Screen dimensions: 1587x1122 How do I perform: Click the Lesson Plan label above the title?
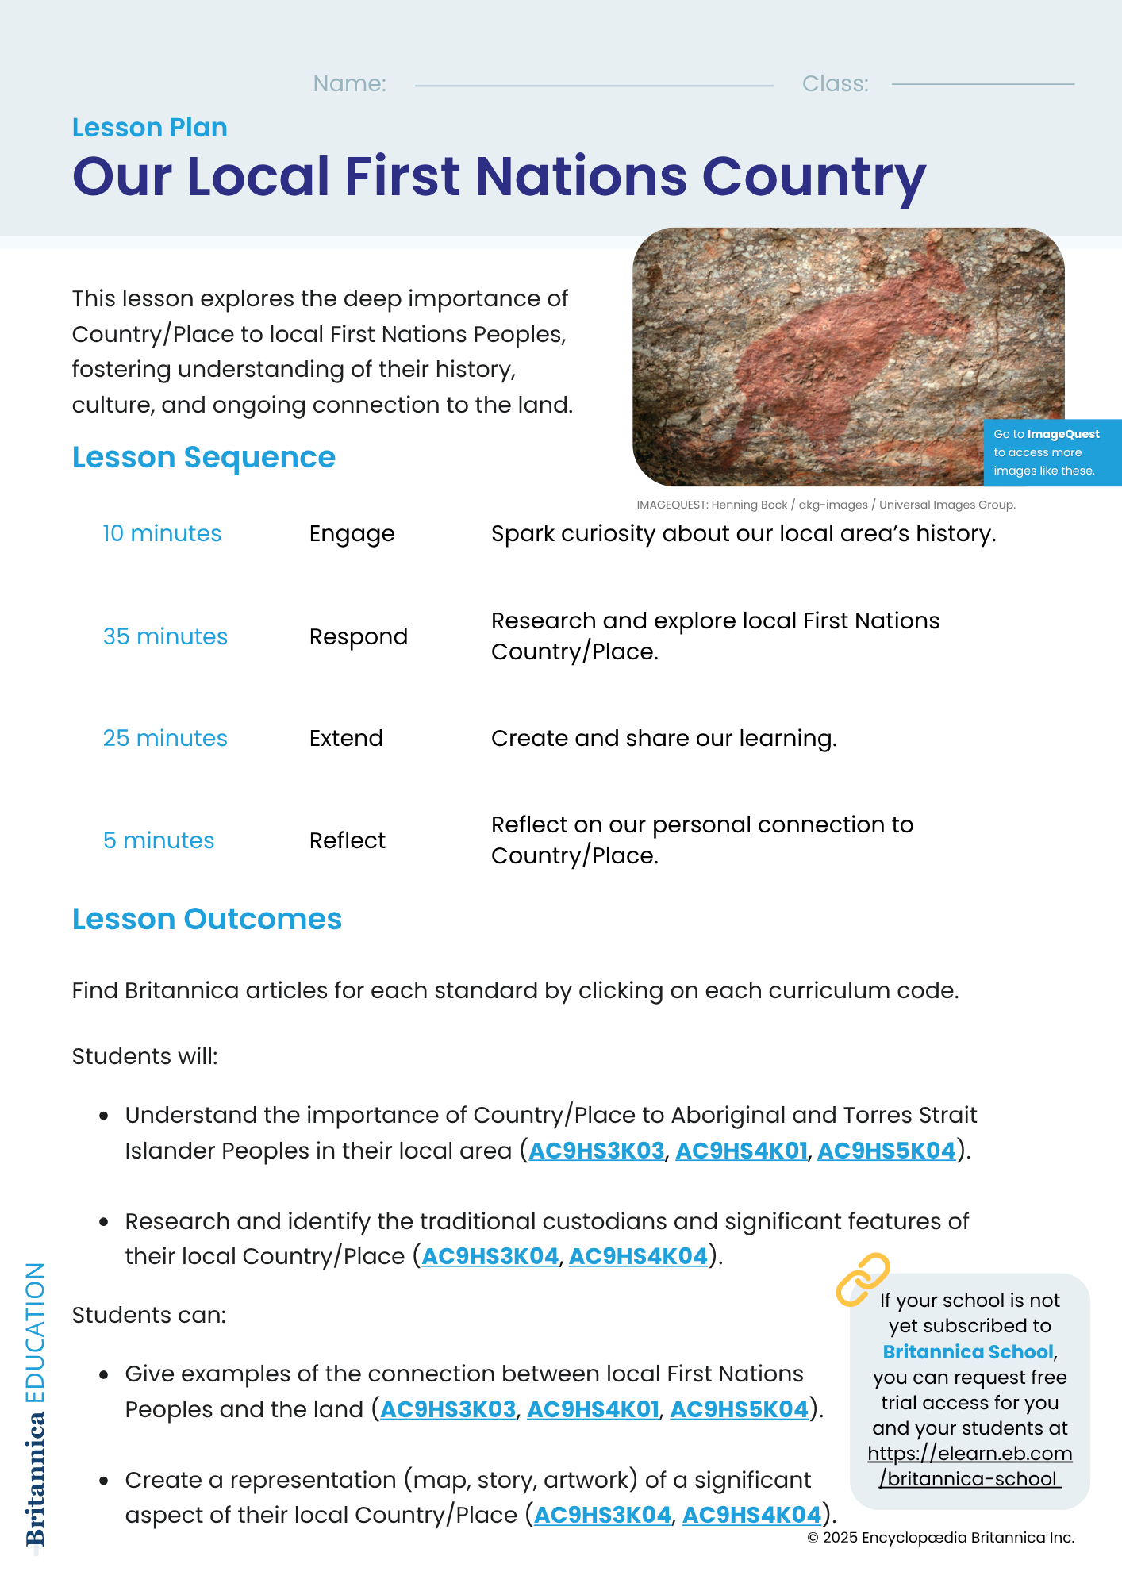click(149, 128)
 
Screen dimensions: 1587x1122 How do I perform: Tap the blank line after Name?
click(594, 85)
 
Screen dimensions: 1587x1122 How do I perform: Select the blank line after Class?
click(982, 84)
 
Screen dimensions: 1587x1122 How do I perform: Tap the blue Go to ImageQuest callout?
click(1051, 452)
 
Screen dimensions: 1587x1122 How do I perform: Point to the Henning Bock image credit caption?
click(825, 505)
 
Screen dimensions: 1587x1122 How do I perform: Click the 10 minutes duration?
click(162, 533)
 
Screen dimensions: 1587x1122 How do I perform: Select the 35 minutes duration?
click(165, 636)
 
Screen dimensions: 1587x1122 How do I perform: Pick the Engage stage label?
click(352, 534)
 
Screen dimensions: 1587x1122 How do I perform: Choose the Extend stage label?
click(346, 738)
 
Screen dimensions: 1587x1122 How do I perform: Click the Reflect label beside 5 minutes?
click(347, 840)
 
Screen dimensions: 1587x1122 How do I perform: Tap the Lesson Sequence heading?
click(204, 458)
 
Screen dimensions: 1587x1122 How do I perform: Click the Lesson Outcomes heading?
click(207, 919)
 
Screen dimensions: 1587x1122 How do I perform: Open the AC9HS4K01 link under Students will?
click(741, 1151)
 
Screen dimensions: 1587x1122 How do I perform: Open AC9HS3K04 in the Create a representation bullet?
click(602, 1515)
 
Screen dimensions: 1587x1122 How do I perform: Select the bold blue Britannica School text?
click(968, 1351)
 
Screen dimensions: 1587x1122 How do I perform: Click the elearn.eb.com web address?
click(970, 1466)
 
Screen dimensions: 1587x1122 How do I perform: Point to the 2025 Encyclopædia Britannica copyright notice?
click(940, 1538)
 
